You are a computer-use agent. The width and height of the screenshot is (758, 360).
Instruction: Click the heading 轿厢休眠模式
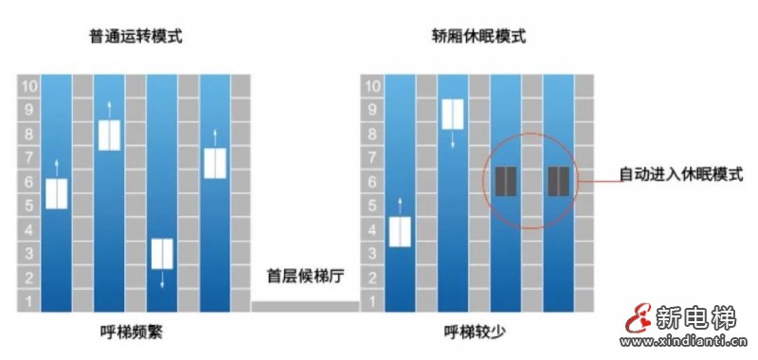(478, 38)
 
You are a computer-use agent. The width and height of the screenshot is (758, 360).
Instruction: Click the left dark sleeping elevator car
(506, 180)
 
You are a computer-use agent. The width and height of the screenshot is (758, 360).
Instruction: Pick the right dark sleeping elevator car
(559, 180)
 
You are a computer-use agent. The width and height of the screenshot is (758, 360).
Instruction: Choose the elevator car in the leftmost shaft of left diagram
(57, 193)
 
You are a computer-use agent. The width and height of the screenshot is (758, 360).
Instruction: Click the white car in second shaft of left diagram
(110, 135)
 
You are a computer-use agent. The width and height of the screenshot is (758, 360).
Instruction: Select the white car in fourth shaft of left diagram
(216, 164)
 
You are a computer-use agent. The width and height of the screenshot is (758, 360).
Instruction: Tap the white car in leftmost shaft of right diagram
(400, 231)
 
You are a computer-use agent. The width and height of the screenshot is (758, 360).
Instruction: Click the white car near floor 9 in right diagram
(453, 114)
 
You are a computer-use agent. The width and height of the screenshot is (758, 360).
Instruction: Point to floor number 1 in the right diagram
(372, 301)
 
